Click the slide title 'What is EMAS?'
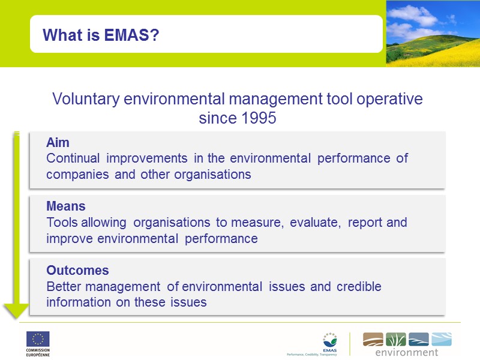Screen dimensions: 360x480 tap(100, 35)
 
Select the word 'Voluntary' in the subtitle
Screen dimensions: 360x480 tap(86, 99)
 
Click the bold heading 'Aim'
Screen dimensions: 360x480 tap(58, 143)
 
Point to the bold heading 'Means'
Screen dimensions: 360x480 tap(66, 207)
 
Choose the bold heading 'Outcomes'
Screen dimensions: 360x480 tap(77, 271)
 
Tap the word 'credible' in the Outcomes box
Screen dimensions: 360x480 tap(359, 286)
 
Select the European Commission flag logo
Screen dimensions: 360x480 tap(38, 339)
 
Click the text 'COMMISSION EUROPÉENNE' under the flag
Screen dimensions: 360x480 tap(38, 352)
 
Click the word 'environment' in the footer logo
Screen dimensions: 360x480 tap(407, 352)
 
